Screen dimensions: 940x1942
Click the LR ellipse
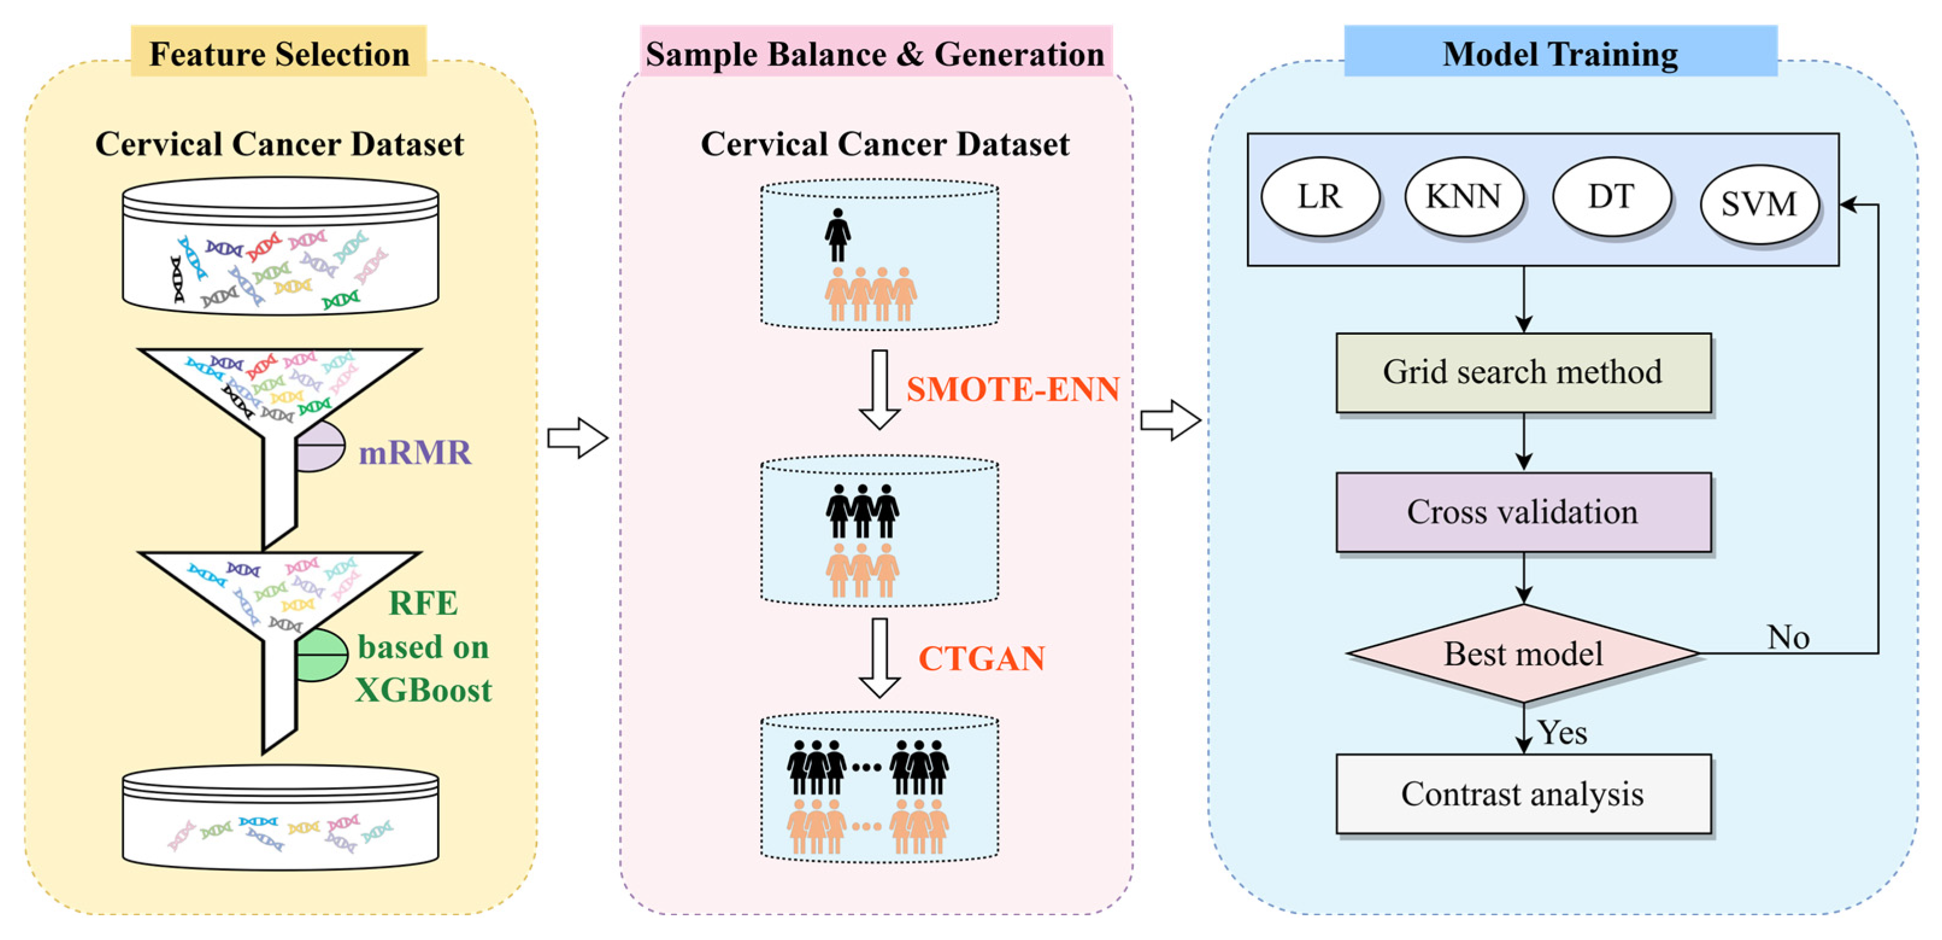pyautogui.click(x=1320, y=197)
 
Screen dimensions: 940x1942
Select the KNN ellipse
pyautogui.click(x=1463, y=197)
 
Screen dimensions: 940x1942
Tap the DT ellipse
pyautogui.click(x=1611, y=197)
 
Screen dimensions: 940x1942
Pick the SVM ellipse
pyautogui.click(x=1759, y=204)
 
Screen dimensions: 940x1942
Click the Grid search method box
pyautogui.click(x=1523, y=372)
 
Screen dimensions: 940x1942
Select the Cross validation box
pyautogui.click(x=1523, y=512)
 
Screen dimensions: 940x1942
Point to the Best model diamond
pyautogui.click(x=1523, y=653)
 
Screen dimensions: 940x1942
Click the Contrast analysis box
pyautogui.click(x=1523, y=794)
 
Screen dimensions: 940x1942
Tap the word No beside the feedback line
pyautogui.click(x=1788, y=638)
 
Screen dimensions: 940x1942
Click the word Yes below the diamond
pyautogui.click(x=1563, y=733)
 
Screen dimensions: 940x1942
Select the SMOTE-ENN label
pyautogui.click(x=1013, y=390)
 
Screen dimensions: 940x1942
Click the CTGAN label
pyautogui.click(x=982, y=659)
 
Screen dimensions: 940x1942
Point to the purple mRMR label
pyautogui.click(x=414, y=453)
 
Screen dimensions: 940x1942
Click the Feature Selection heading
pyautogui.click(x=279, y=54)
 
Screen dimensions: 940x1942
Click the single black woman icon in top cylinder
pyautogui.click(x=837, y=235)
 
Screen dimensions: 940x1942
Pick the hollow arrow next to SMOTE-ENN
pyautogui.click(x=879, y=389)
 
